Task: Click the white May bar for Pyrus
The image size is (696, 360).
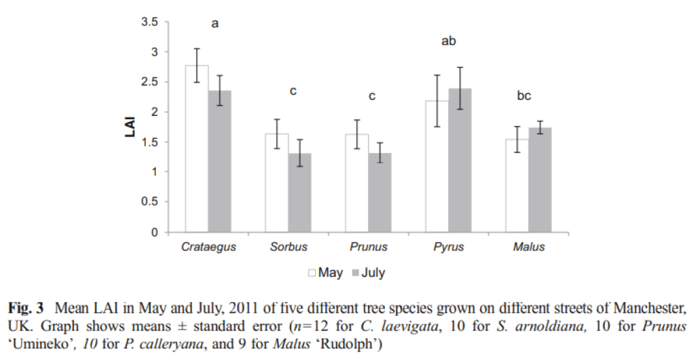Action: pos(437,166)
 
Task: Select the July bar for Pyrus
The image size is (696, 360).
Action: pos(460,160)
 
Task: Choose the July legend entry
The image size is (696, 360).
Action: pos(367,273)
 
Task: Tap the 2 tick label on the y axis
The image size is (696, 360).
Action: pos(154,112)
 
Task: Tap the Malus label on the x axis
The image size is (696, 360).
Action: pos(529,247)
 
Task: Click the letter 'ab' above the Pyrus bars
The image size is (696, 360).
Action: pos(448,42)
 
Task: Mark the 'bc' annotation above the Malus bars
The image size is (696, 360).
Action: pos(524,96)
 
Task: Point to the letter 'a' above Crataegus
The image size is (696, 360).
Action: pos(215,24)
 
